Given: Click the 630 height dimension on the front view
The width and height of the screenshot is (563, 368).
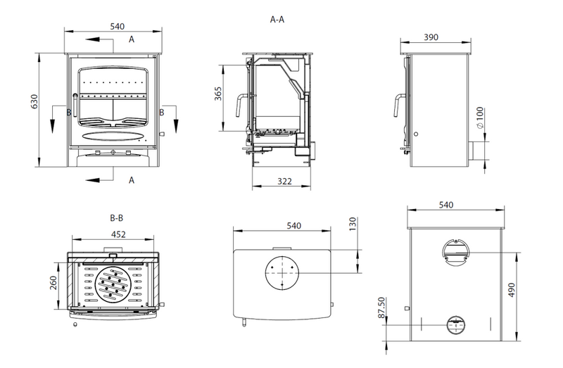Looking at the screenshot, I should (32, 104).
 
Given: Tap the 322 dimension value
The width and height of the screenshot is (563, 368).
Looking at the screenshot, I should (284, 182).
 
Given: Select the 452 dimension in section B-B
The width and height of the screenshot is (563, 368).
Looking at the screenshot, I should (118, 235).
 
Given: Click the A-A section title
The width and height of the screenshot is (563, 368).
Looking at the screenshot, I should (277, 20).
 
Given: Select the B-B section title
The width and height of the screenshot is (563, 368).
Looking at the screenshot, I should (117, 219).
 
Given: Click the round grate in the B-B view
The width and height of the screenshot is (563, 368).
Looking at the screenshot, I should (114, 285).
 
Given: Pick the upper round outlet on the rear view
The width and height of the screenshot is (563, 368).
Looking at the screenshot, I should (456, 249).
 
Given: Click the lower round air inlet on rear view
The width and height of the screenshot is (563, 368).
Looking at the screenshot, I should (456, 324).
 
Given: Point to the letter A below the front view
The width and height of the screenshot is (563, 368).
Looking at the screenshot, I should (132, 179).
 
